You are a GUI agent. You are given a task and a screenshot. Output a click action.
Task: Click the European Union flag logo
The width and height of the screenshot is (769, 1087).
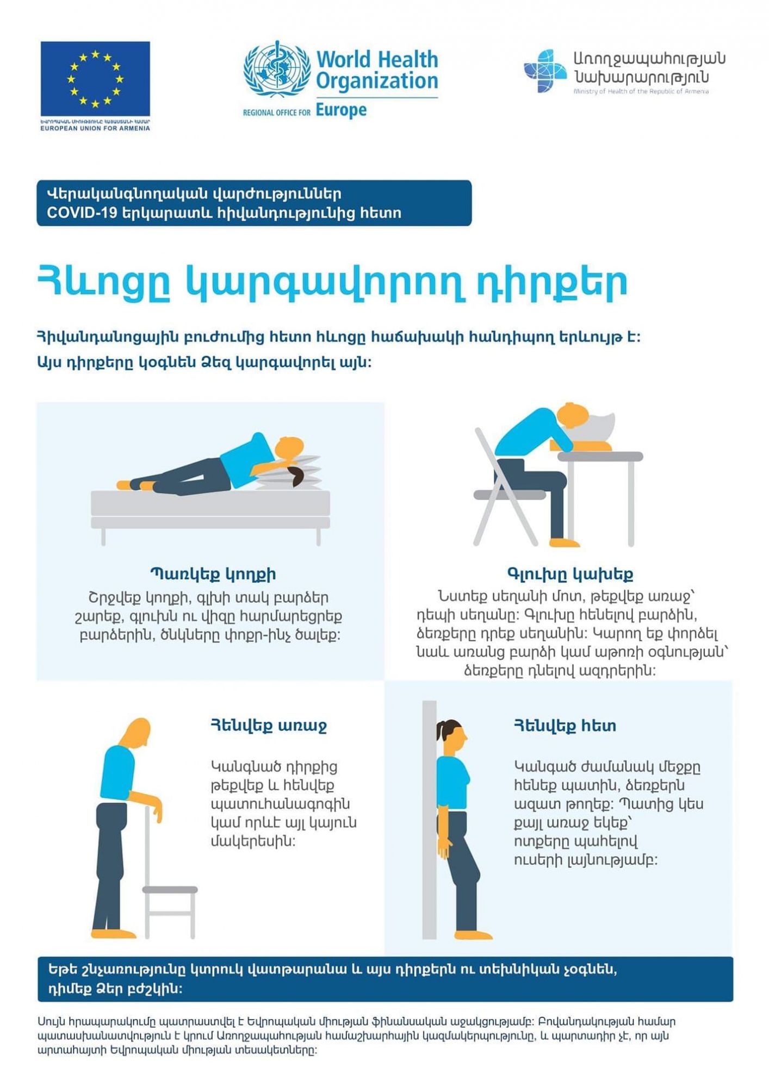click(x=95, y=78)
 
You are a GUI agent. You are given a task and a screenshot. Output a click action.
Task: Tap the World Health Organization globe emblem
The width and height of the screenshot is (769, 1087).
click(x=277, y=69)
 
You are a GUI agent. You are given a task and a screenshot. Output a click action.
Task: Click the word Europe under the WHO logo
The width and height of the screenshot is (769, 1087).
click(x=341, y=110)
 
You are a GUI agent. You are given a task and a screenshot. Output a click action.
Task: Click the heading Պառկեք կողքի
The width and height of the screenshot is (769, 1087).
click(x=213, y=574)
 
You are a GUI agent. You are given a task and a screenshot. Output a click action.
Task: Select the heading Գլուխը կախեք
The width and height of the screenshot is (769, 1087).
click(x=570, y=574)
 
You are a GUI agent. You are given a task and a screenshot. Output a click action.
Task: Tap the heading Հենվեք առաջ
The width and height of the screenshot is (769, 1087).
click(x=269, y=726)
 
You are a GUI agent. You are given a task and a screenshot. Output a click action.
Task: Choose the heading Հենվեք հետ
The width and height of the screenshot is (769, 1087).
click(x=565, y=726)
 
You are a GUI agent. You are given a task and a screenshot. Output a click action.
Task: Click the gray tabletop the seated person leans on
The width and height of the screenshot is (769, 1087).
click(x=600, y=457)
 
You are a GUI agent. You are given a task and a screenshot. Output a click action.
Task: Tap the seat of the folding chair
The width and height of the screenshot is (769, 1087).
click(x=510, y=495)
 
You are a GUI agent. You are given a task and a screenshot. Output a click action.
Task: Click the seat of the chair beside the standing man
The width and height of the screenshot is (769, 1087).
click(x=170, y=890)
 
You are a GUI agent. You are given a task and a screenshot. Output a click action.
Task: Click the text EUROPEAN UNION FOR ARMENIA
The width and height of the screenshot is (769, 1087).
click(x=95, y=128)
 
